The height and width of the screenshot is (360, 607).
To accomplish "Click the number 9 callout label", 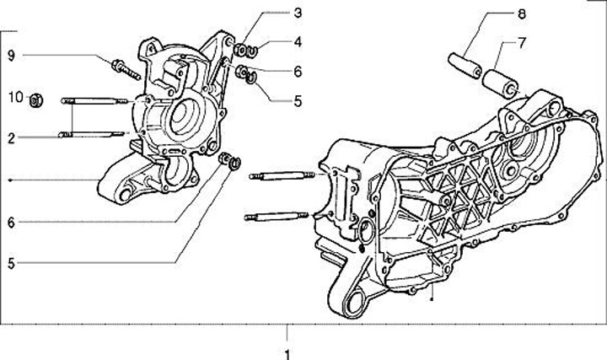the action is (12, 56).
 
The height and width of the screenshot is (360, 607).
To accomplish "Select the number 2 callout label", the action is (12, 137).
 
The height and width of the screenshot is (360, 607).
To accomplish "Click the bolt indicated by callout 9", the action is (124, 67).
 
